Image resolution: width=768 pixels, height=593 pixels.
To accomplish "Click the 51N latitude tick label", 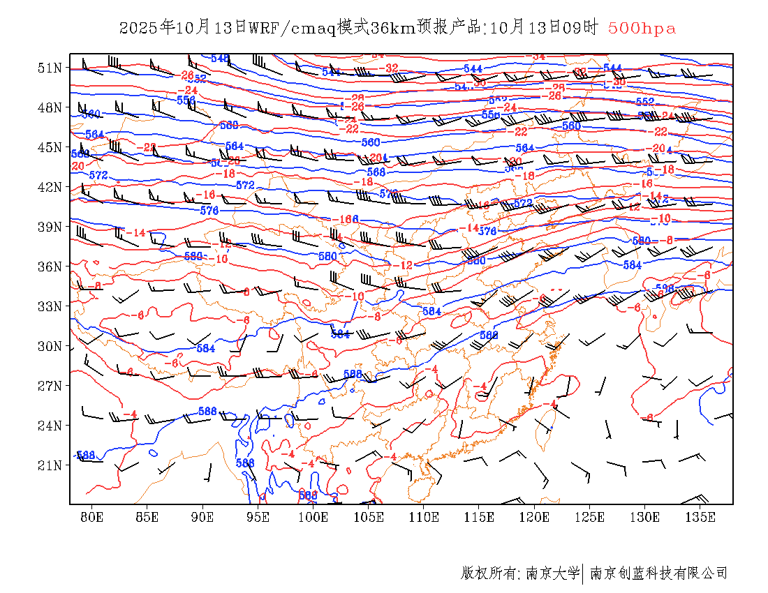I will [x=50, y=68].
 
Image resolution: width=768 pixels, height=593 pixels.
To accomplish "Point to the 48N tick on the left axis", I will [x=50, y=107].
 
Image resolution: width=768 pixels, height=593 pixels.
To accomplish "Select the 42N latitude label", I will [x=50, y=187].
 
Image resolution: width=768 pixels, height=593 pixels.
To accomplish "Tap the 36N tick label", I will [x=50, y=267].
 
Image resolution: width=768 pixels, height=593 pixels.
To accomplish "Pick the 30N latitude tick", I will [x=50, y=346].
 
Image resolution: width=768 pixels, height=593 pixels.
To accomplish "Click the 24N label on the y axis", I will [x=50, y=425].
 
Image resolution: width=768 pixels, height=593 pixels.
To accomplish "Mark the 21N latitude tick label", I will [x=50, y=465].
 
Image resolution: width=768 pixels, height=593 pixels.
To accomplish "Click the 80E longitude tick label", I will [x=91, y=517].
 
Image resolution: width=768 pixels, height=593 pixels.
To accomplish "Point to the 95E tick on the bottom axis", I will [x=258, y=517].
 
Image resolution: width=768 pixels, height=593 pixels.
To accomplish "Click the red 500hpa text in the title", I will [x=642, y=28].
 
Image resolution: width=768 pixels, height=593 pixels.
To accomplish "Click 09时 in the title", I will [x=584, y=28].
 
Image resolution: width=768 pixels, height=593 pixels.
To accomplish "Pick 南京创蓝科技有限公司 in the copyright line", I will [x=659, y=573].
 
